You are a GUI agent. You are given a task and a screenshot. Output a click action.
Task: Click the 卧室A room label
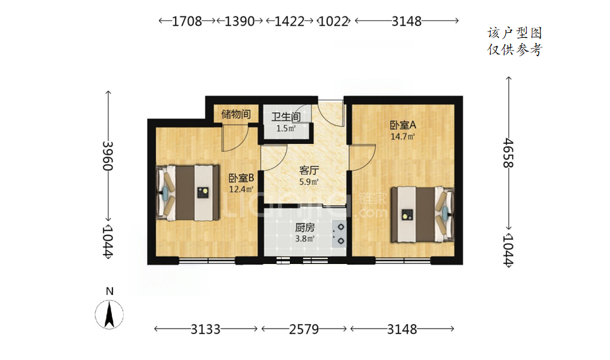pos(403,125)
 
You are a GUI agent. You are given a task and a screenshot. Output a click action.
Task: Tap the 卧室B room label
pos(241,178)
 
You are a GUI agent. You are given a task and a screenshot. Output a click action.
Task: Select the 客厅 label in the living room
pos(309,171)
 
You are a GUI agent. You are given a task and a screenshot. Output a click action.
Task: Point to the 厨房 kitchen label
pos(304,227)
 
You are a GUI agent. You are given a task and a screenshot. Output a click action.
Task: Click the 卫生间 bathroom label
pos(286,117)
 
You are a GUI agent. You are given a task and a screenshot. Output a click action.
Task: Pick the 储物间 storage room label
pos(236,114)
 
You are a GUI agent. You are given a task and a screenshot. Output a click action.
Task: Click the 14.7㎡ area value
pos(403,136)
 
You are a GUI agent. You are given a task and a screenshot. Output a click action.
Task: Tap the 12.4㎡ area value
pos(241,189)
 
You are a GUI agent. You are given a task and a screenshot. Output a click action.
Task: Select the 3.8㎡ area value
pos(304,239)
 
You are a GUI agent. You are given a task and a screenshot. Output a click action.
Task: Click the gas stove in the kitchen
pos(339,234)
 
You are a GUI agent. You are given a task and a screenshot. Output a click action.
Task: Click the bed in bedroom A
pos(422,214)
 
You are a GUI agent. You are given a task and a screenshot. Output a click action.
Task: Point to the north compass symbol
pos(109,314)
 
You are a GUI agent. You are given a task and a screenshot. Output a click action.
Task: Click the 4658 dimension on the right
pos(508,153)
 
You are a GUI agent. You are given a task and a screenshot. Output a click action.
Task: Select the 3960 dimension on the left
pos(108,155)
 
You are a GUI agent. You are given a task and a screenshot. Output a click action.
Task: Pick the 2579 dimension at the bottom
pos(304,329)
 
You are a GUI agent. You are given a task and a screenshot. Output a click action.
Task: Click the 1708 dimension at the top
pos(187,21)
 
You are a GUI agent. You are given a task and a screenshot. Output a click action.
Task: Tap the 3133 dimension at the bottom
pos(205,329)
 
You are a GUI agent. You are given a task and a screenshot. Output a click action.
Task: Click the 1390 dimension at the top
pos(240,21)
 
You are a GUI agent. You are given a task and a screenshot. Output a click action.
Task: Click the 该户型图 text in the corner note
pos(515,33)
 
